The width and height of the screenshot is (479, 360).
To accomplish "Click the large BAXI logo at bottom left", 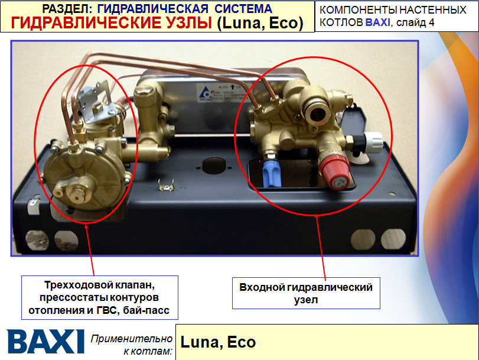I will (x=45, y=342).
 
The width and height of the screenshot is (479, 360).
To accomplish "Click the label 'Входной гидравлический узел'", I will (x=306, y=293).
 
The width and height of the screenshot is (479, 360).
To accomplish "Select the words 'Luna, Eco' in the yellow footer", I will (x=217, y=342).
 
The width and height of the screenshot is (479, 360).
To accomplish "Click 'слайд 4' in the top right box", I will (x=413, y=22).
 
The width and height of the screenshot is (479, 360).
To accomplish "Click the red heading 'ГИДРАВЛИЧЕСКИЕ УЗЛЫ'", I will (x=112, y=23).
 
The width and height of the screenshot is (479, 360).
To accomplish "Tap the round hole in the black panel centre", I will (x=210, y=164).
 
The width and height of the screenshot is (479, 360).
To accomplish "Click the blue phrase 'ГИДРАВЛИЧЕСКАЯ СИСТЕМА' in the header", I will (x=184, y=9).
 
